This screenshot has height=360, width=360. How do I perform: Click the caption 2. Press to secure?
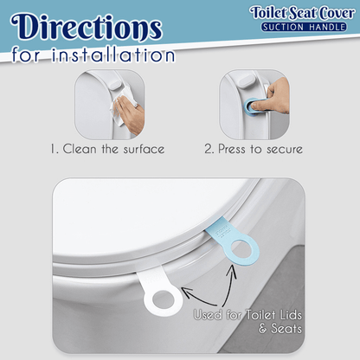point(253,148)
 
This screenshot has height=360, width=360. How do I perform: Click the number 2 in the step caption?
point(208,148)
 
